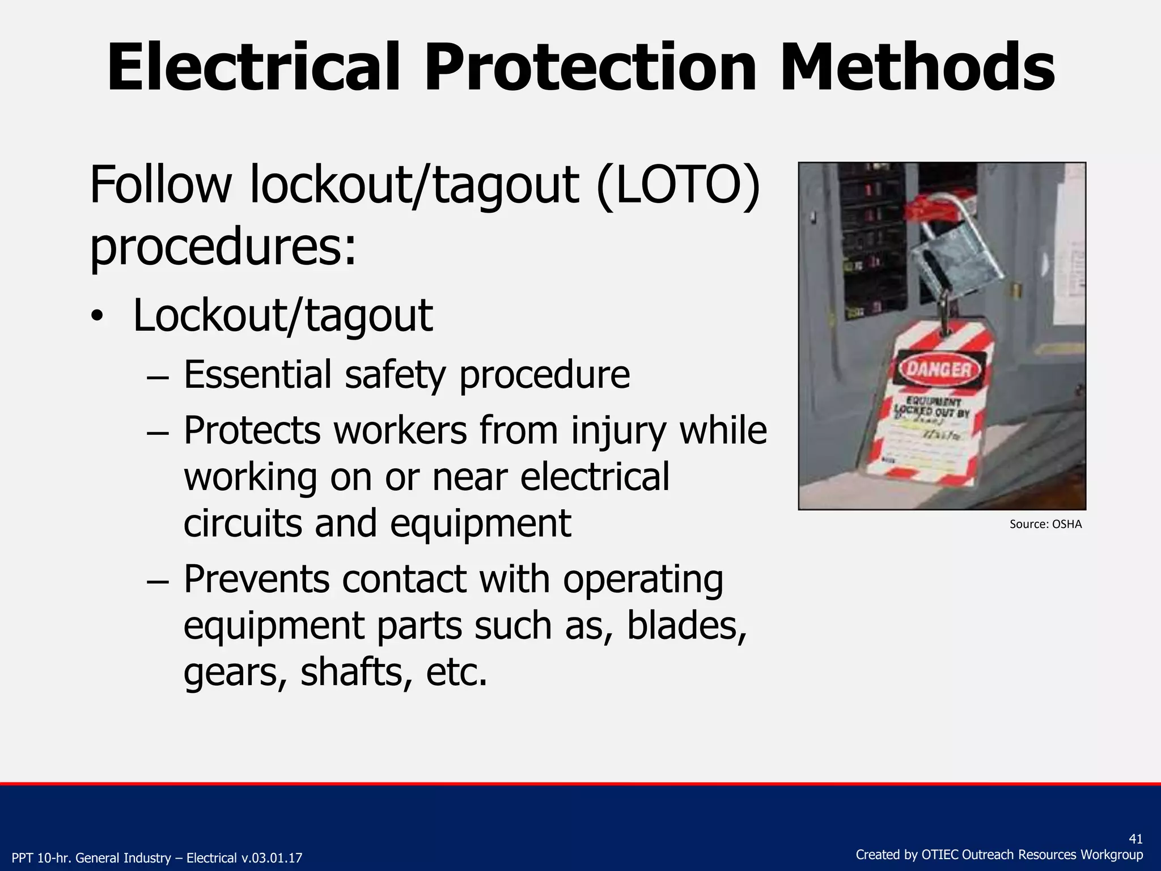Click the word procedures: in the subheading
click(223, 247)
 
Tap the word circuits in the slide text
click(243, 523)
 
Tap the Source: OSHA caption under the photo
click(1045, 524)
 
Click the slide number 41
click(1135, 839)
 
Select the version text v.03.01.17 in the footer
click(271, 858)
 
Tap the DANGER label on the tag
click(940, 371)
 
